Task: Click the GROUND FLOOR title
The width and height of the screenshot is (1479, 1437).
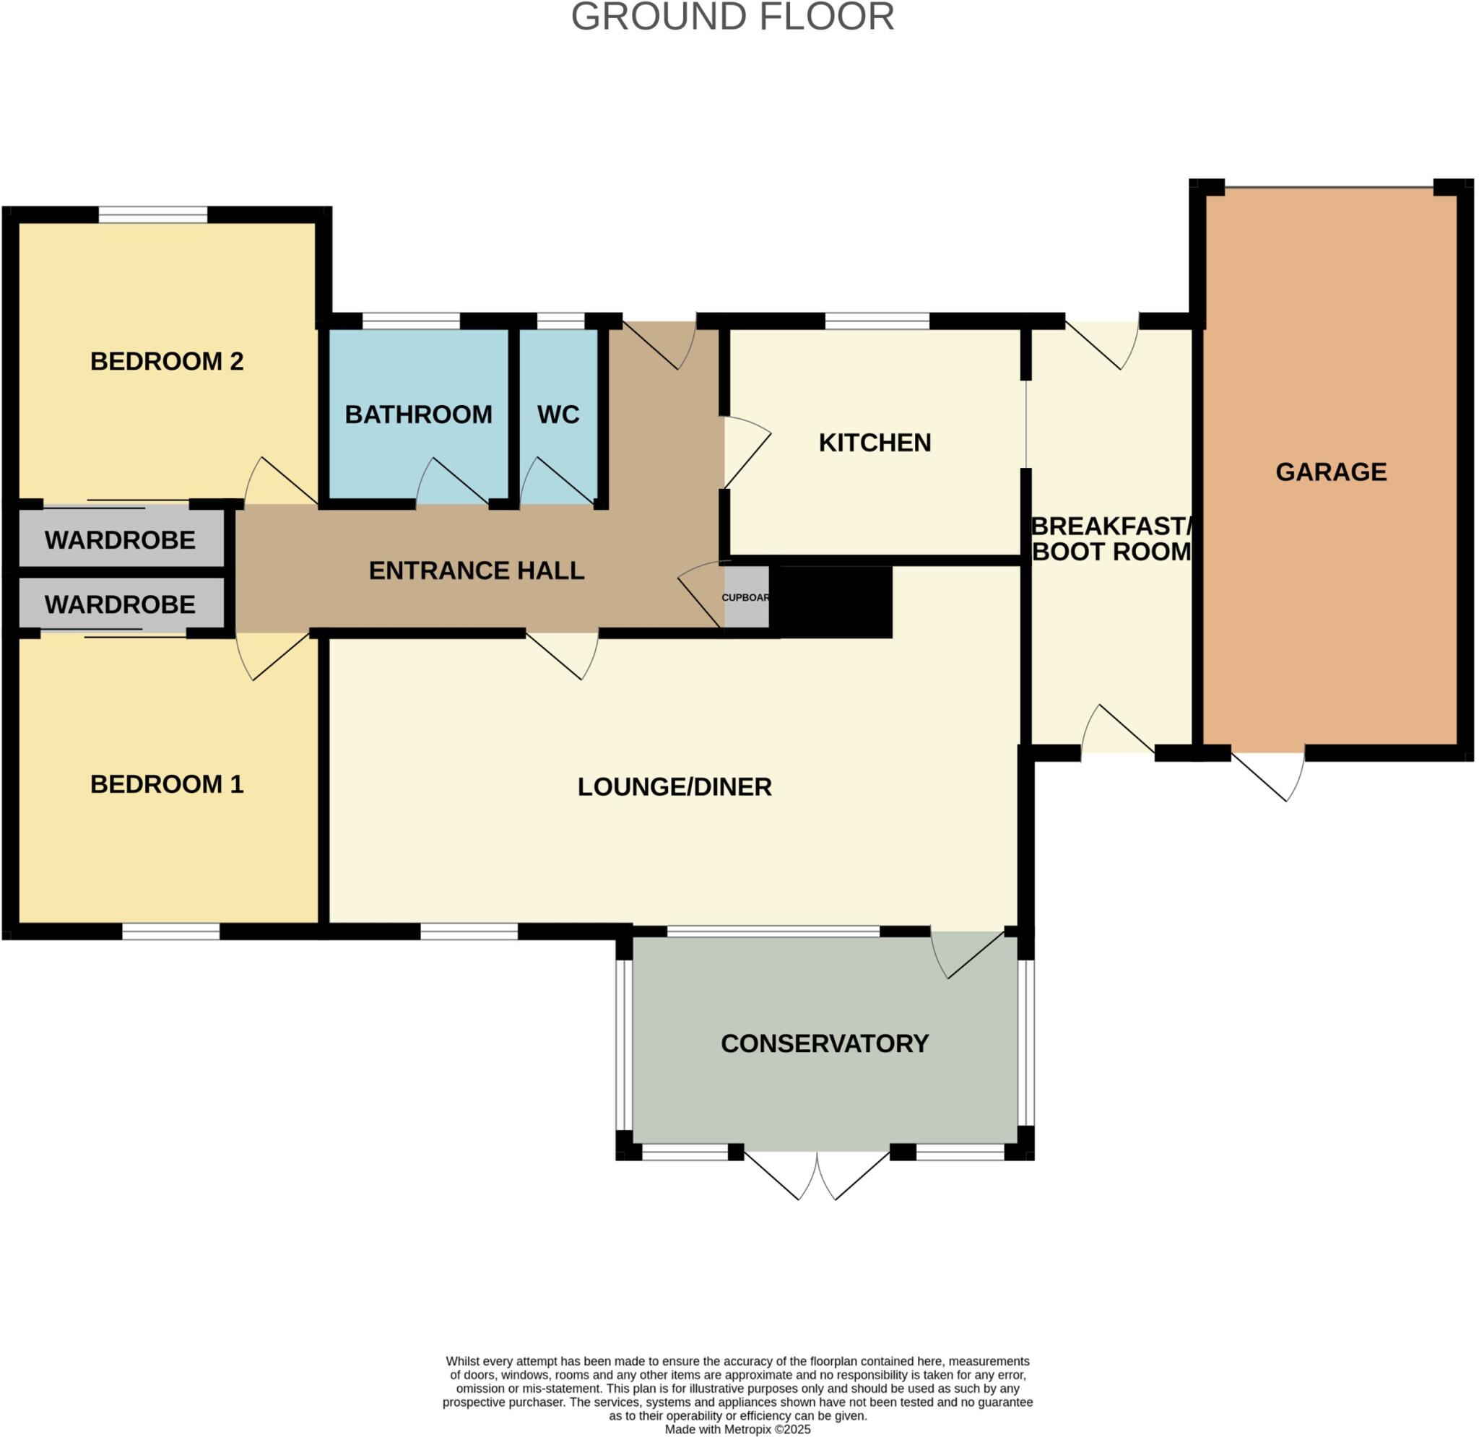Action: tap(732, 17)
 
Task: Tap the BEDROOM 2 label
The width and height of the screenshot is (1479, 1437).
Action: tap(167, 362)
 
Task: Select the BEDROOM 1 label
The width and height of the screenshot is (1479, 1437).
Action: tap(167, 784)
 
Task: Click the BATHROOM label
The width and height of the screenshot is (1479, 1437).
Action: tap(418, 414)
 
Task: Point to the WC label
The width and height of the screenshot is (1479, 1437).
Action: tap(558, 414)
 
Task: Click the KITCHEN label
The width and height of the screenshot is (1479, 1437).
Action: tap(875, 442)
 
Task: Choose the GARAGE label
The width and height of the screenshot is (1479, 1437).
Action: tap(1331, 472)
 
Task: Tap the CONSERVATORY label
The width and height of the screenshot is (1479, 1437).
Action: tap(825, 1043)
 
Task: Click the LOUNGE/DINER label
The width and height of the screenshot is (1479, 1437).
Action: tap(675, 787)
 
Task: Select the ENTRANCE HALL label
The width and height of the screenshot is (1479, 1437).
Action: tap(476, 570)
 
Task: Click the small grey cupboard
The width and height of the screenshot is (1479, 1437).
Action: tap(745, 597)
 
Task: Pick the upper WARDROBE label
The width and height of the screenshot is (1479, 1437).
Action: tap(120, 539)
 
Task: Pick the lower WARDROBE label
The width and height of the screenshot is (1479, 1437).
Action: tap(120, 604)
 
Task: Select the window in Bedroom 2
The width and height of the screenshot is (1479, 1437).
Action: tap(152, 215)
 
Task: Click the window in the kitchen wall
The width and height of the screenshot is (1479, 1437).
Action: tap(877, 321)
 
